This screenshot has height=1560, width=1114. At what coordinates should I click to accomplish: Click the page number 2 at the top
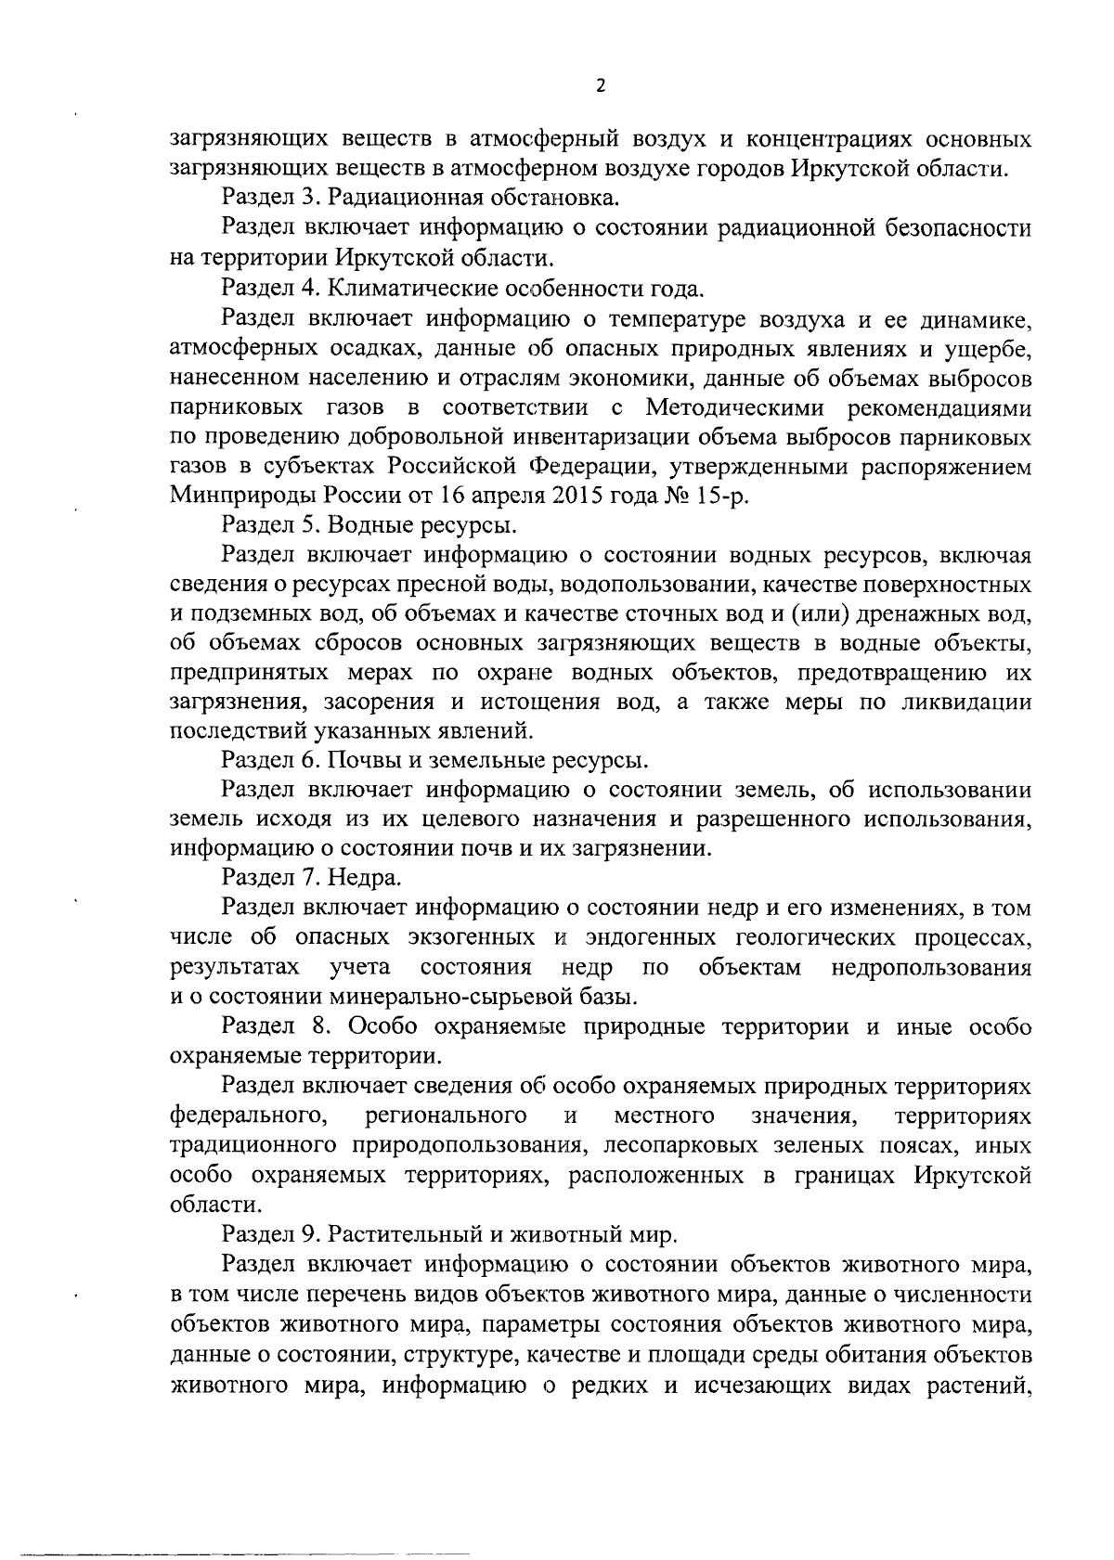[x=599, y=86]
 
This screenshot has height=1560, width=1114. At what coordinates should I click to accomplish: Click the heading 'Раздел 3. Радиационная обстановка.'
[x=420, y=198]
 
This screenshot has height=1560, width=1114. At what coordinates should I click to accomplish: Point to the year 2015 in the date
[x=581, y=496]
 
